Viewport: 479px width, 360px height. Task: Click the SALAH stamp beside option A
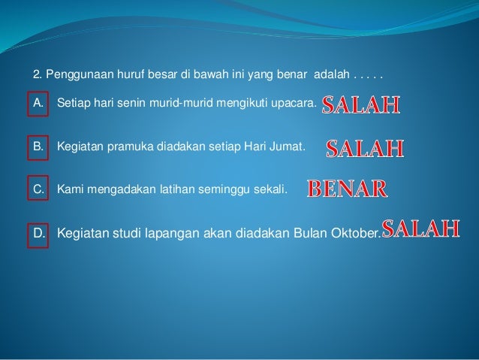[361, 106]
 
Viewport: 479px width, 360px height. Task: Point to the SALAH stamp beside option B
[365, 150]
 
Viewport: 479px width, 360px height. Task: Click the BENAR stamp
[347, 188]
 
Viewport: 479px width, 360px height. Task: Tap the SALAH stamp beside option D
[420, 228]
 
